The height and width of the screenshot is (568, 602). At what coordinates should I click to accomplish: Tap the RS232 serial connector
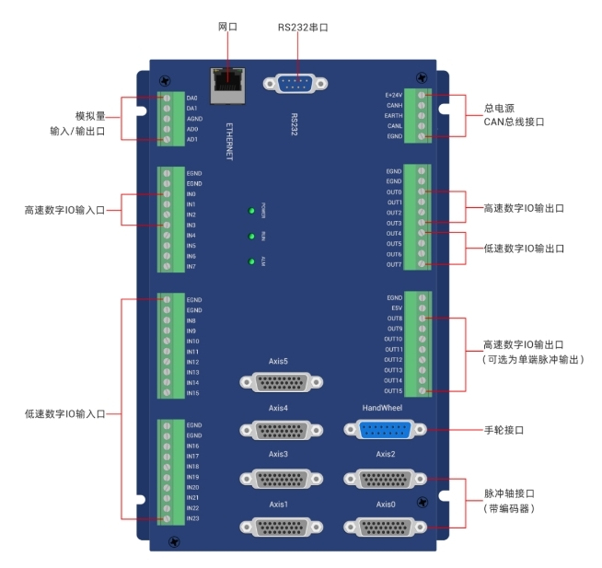[x=294, y=84]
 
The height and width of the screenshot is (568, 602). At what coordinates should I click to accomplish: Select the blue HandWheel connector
[x=378, y=429]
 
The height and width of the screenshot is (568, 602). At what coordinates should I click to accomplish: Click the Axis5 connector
[x=274, y=381]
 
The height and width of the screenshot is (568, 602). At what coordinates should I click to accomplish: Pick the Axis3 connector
[x=274, y=478]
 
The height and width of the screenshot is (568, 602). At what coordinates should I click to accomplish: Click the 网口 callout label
[x=226, y=27]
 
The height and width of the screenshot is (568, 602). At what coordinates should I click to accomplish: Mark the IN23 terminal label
[x=192, y=518]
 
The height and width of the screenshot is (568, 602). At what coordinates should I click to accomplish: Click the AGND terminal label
[x=193, y=119]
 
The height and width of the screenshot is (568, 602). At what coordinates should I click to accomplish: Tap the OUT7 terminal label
[x=395, y=264]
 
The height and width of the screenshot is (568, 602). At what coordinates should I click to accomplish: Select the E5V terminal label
[x=396, y=308]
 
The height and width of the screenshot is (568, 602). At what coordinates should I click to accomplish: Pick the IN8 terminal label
[x=191, y=320]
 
